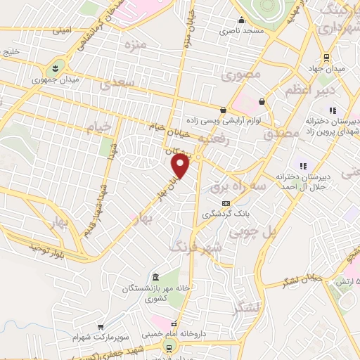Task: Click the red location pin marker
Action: (x=181, y=165)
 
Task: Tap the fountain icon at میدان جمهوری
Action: (x=55, y=67)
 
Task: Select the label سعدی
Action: (x=116, y=85)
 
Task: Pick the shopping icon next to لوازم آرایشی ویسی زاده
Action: (x=223, y=110)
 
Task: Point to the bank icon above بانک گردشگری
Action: (x=225, y=203)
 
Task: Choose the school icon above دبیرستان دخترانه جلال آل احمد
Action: (x=302, y=166)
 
